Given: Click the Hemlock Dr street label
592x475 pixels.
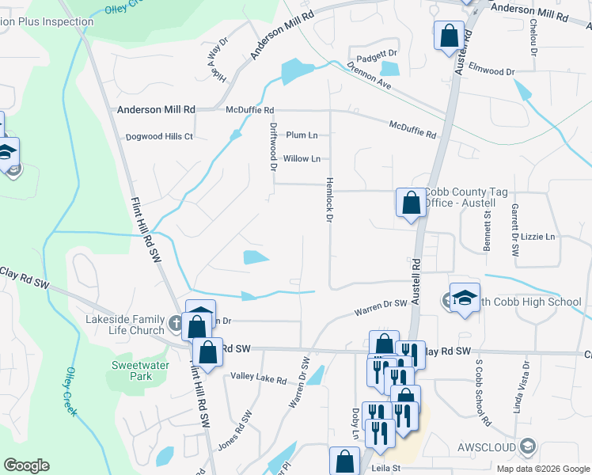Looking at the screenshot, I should (x=328, y=199).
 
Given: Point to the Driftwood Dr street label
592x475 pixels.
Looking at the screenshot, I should (x=274, y=146).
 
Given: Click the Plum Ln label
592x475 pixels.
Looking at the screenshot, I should (x=302, y=135).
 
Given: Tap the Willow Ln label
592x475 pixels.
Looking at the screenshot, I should (x=302, y=158).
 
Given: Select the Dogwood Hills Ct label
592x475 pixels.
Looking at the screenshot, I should (x=159, y=136).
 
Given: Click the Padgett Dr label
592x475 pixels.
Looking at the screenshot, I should (x=376, y=54).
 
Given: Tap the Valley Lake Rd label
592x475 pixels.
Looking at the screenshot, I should (x=258, y=379).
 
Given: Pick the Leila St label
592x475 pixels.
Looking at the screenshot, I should (x=387, y=468).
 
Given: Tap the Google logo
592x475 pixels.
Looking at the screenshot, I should (x=26, y=465).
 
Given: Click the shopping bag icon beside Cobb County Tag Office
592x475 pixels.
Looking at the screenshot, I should (x=411, y=203).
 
